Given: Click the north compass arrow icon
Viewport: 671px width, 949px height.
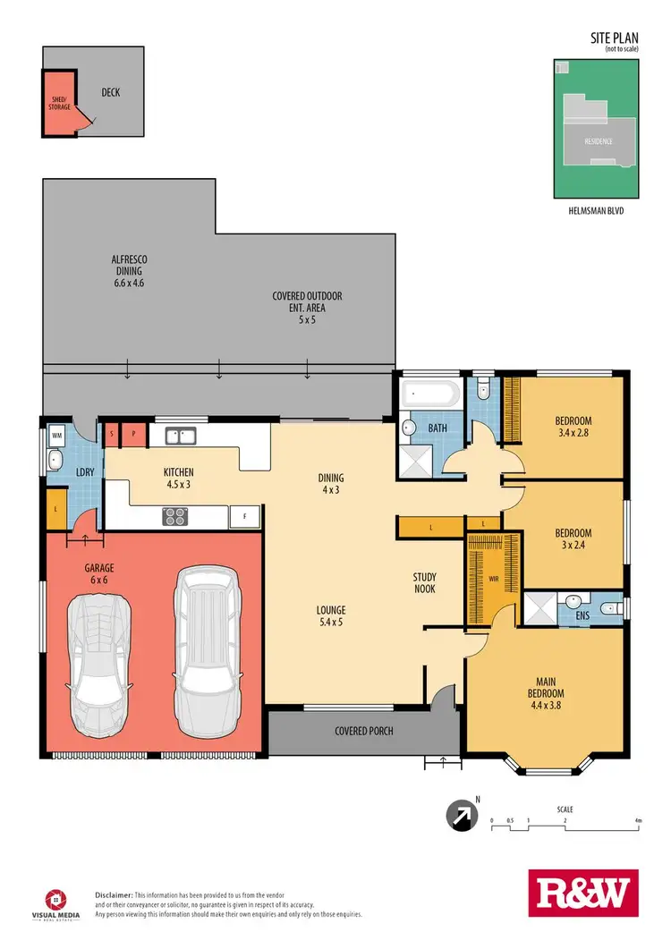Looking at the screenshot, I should (x=460, y=815).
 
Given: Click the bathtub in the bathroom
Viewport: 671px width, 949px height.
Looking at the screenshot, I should (x=430, y=394).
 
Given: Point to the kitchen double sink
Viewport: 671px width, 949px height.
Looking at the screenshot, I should (x=180, y=436).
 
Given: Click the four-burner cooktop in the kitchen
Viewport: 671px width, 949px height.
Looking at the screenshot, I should (x=174, y=516).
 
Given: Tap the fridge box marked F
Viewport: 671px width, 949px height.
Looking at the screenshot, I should (x=244, y=516).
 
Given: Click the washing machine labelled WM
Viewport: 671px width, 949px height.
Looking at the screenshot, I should (x=56, y=436).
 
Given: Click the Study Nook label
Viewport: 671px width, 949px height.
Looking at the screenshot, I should (x=424, y=582).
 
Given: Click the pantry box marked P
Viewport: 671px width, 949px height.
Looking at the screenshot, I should (x=133, y=434).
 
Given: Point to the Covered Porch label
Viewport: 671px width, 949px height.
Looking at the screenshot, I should (x=364, y=731).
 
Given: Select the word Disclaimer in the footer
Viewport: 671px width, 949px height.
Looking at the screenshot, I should (x=114, y=894).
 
